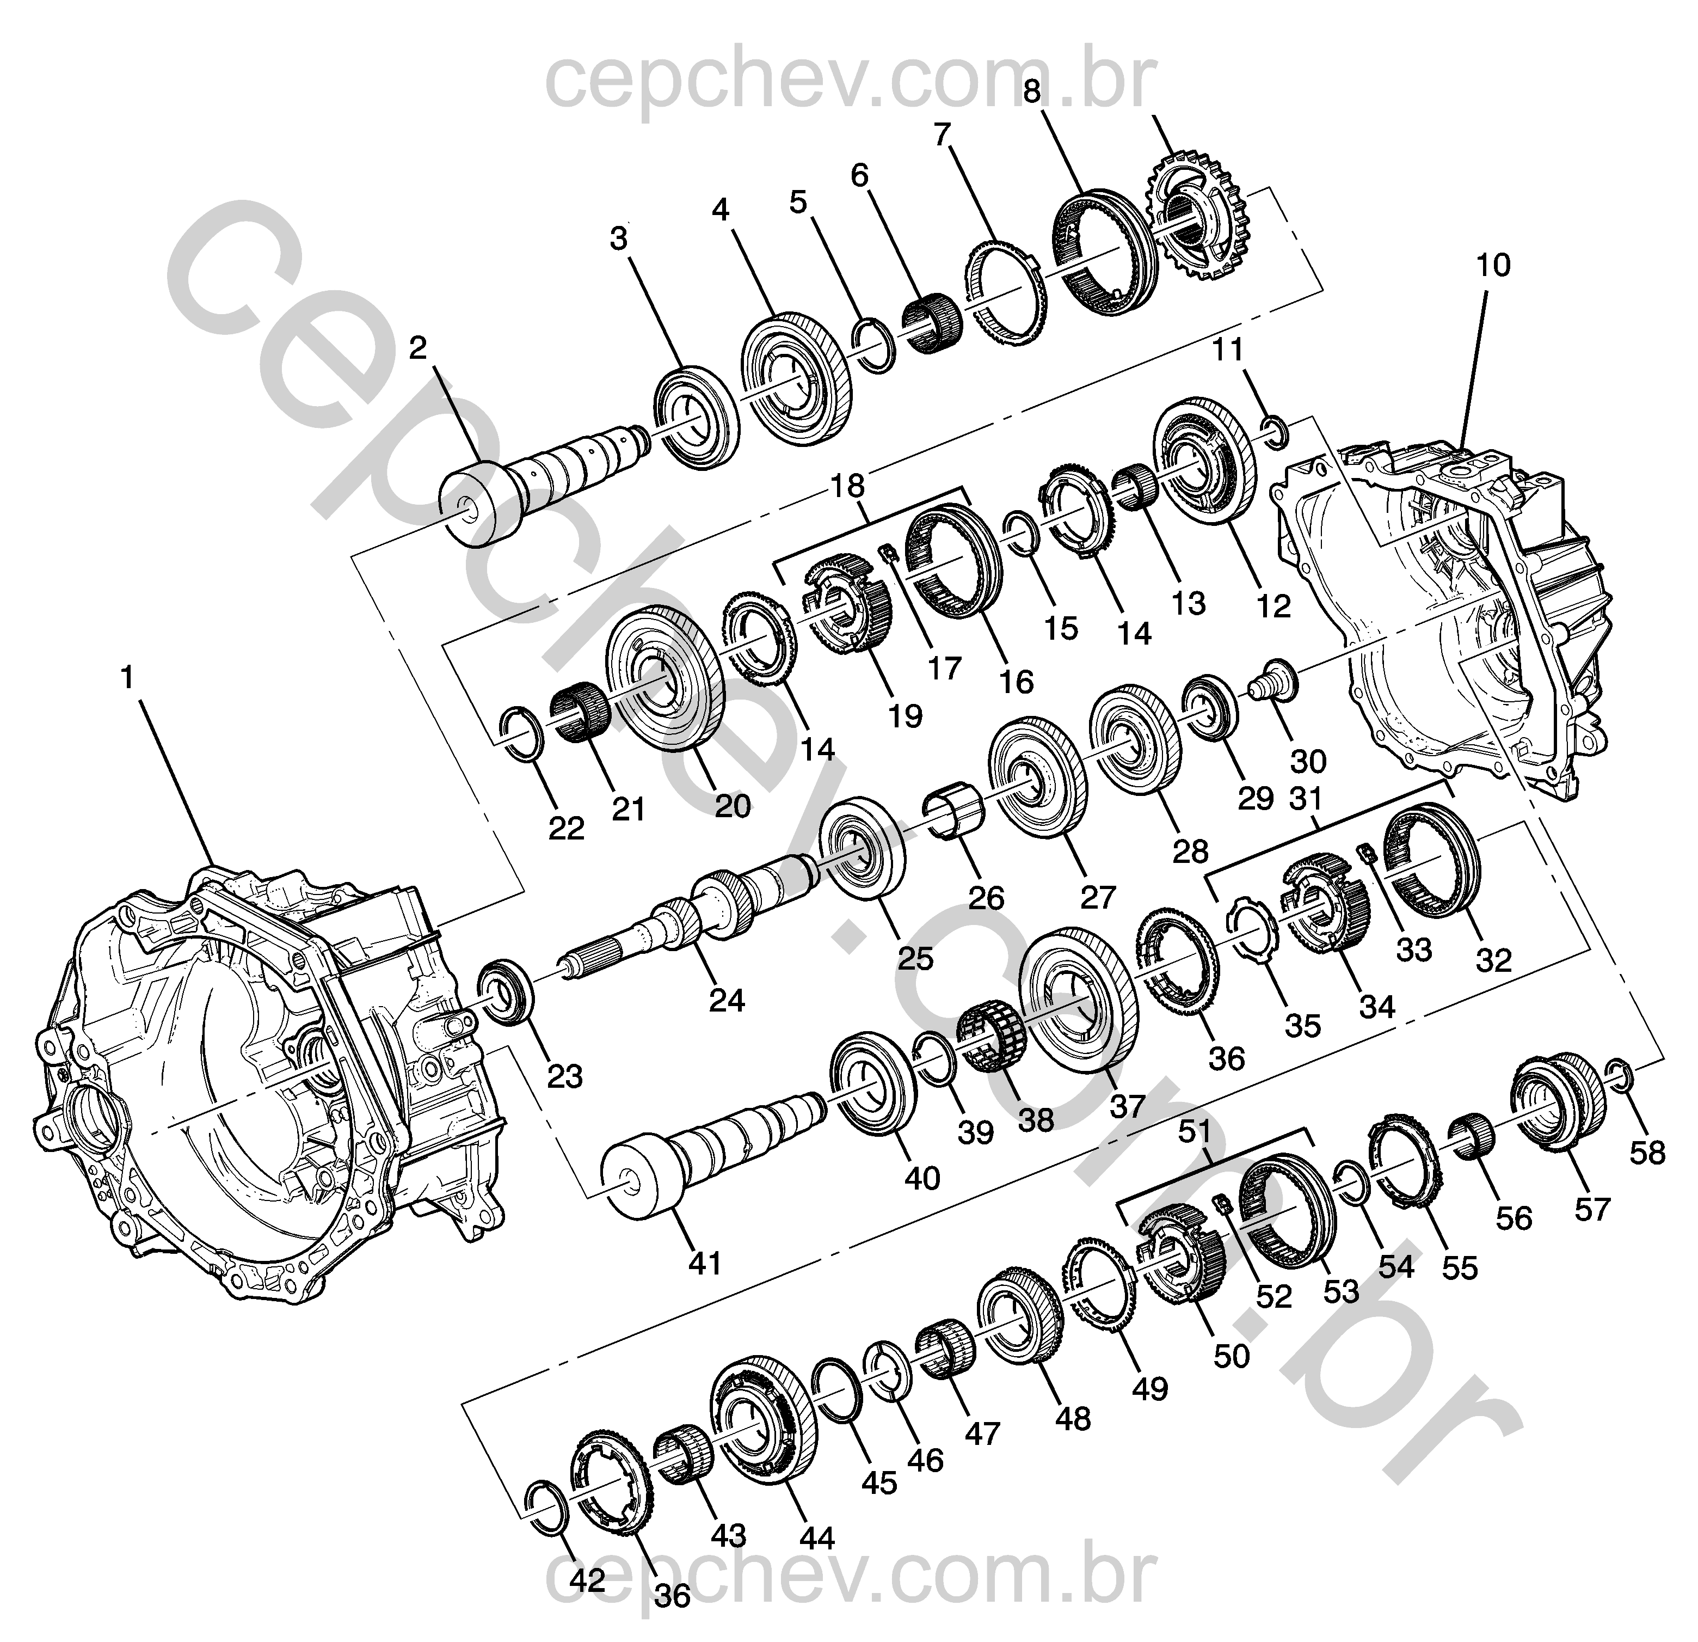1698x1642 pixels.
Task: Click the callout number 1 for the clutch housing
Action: click(128, 678)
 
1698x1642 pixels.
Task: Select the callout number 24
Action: click(727, 1001)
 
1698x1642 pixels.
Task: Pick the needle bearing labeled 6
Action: click(931, 323)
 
